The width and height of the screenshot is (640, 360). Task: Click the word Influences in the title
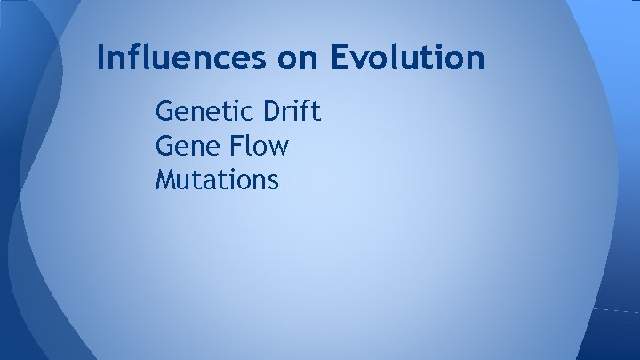(x=177, y=58)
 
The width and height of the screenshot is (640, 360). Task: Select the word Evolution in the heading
(x=408, y=58)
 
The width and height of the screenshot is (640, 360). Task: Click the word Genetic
(x=204, y=113)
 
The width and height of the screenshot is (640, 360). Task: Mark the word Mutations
(x=217, y=180)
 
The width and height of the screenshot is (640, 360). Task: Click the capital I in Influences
(x=101, y=58)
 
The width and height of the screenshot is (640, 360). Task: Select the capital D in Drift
(x=270, y=113)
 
